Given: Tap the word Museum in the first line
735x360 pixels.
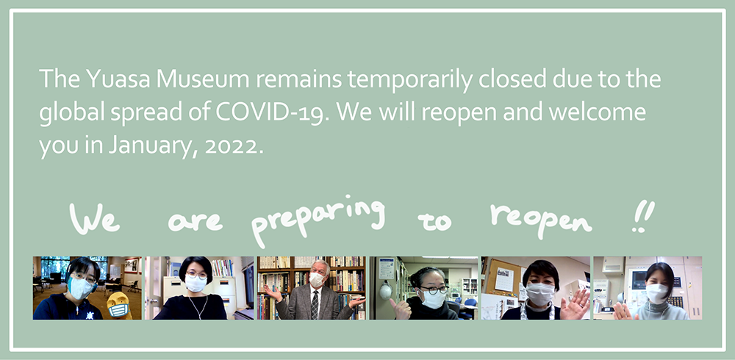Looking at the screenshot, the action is [x=203, y=79].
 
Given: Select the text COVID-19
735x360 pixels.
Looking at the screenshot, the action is [x=270, y=113].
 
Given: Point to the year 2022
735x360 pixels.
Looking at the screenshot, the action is [x=232, y=146].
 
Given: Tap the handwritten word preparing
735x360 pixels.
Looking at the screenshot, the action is [x=318, y=220].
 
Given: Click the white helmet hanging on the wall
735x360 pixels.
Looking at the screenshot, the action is [x=385, y=292].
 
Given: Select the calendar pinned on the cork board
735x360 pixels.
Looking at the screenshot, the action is [x=504, y=280].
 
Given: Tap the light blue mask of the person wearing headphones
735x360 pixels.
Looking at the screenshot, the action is [x=81, y=288].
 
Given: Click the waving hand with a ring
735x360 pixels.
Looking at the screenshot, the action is [x=576, y=305].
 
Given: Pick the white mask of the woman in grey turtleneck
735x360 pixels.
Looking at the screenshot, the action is [x=656, y=293].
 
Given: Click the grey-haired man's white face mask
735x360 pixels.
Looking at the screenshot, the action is [x=316, y=280].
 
